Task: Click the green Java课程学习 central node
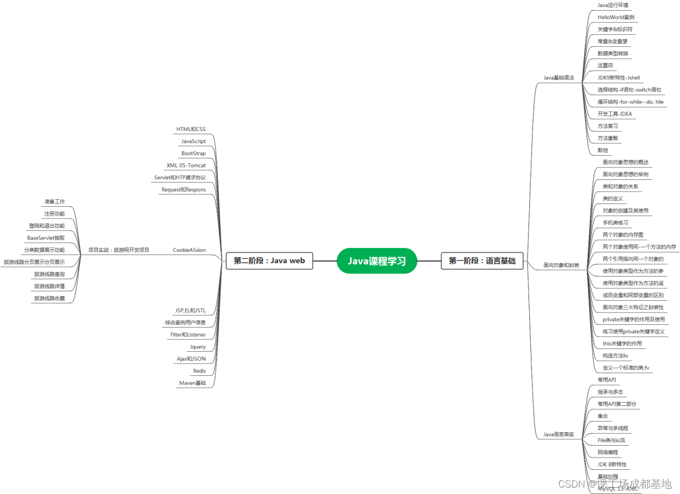377,261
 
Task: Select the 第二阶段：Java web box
269,261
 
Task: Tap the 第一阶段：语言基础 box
482,261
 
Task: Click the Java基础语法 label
558,78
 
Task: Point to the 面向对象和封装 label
561,265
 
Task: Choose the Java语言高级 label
558,434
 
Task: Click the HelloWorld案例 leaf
616,17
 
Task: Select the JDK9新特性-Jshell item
618,78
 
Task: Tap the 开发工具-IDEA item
615,114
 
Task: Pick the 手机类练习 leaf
615,223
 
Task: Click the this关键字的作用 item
621,344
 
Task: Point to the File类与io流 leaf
611,440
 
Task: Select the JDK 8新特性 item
612,464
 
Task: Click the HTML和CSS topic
191,129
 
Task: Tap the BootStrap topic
193,154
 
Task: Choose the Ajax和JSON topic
191,359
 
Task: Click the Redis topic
199,371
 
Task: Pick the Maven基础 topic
192,383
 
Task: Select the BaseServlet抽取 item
46,238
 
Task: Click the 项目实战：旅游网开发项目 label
119,250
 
